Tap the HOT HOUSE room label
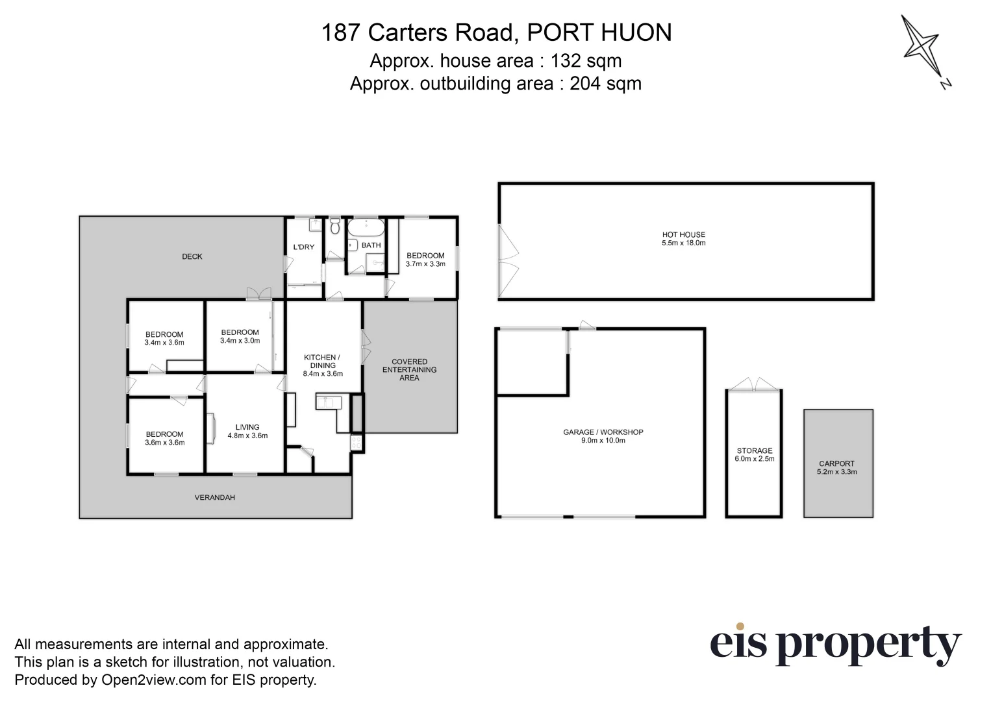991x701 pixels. click(683, 239)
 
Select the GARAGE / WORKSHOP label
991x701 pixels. click(603, 436)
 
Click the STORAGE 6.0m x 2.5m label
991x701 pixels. click(754, 454)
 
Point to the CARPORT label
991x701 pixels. click(836, 467)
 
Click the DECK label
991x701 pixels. click(192, 256)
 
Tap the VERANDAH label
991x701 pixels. click(215, 497)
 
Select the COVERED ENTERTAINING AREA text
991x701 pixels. click(409, 369)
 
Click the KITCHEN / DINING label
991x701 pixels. click(322, 365)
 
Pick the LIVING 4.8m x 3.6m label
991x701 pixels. click(247, 431)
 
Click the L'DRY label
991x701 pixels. click(303, 247)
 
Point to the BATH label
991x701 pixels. click(371, 245)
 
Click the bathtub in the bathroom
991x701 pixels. click(366, 228)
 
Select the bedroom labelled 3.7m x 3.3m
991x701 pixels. click(425, 260)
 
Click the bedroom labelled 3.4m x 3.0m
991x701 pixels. click(240, 336)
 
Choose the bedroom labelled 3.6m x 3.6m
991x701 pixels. click(164, 438)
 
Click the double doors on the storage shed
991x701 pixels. click(753, 385)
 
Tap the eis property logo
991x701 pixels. click(834, 644)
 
